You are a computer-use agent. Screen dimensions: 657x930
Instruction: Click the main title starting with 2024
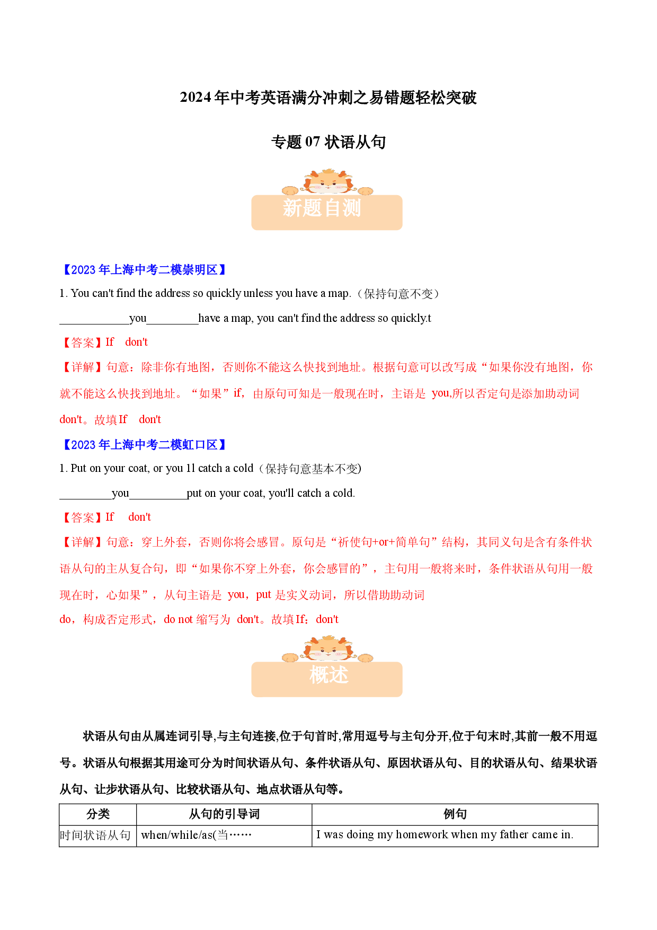[x=328, y=98]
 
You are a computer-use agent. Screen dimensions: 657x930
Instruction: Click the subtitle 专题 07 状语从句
[x=328, y=142]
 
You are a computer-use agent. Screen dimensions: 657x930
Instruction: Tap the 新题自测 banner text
[x=322, y=208]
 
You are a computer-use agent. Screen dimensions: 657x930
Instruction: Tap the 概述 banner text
[x=328, y=675]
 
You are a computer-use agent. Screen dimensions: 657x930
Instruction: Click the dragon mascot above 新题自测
[x=327, y=182]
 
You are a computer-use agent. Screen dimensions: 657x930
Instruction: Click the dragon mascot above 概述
[x=327, y=649]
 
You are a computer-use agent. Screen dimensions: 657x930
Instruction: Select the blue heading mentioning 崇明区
[x=144, y=270]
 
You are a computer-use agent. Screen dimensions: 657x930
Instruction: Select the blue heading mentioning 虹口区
[x=144, y=445]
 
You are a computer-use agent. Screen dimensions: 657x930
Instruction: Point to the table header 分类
[x=98, y=814]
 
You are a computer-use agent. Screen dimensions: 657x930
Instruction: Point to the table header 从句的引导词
[x=224, y=814]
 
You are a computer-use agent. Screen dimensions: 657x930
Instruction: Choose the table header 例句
[x=455, y=814]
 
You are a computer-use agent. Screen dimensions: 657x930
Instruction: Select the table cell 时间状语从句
[x=95, y=836]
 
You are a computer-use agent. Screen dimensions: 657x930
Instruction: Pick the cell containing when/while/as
[x=197, y=835]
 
